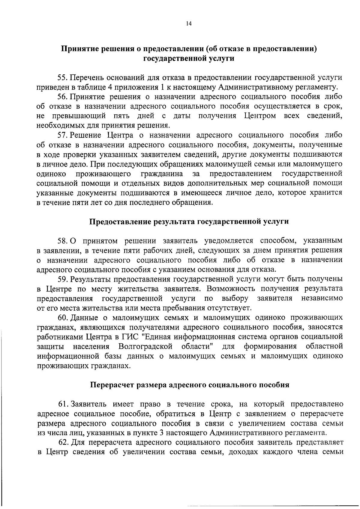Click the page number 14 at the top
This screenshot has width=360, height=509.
click(189, 24)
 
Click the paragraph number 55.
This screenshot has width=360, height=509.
click(63, 77)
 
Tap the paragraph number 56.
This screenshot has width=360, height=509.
click(63, 97)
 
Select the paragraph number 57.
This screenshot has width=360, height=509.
click(63, 135)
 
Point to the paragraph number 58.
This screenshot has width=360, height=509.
click(63, 240)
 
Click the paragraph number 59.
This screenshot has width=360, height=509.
click(63, 279)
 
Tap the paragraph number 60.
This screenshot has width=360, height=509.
click(63, 317)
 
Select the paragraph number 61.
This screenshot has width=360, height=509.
click(63, 404)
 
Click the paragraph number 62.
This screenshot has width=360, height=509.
click(63, 442)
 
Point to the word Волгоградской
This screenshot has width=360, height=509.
click(145, 346)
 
